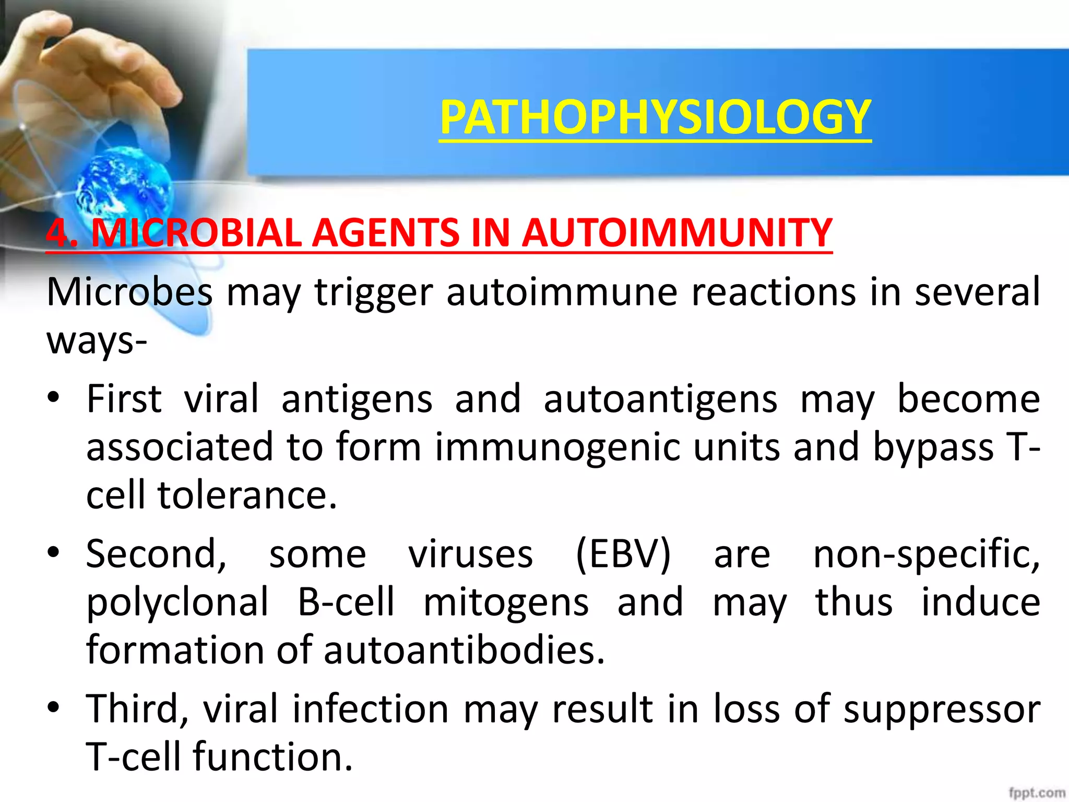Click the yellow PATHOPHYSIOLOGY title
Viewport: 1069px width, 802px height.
coord(655,117)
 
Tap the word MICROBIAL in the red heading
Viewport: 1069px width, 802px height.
coord(196,233)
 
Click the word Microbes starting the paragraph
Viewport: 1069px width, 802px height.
coord(129,292)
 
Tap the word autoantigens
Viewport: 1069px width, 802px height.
coord(660,400)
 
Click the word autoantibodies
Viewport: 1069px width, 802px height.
coord(464,650)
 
